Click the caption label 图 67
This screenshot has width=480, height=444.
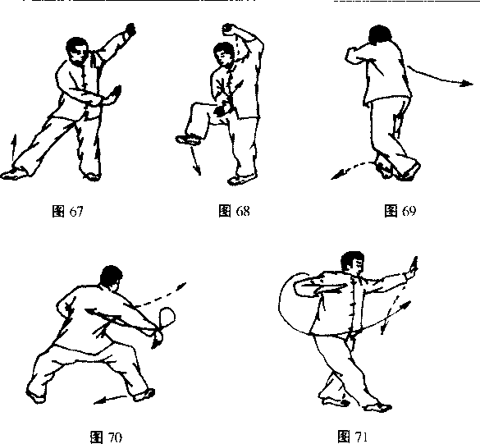pyautogui.click(x=67, y=211)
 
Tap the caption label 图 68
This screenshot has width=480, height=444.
pyautogui.click(x=234, y=211)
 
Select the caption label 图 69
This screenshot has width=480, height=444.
pyautogui.click(x=400, y=211)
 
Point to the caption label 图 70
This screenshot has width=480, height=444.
pyautogui.click(x=106, y=437)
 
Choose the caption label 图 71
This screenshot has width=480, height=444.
pyautogui.click(x=352, y=436)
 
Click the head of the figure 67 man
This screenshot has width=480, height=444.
pyautogui.click(x=76, y=51)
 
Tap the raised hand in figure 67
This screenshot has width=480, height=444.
pyautogui.click(x=130, y=30)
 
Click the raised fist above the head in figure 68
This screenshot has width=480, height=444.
pyautogui.click(x=229, y=29)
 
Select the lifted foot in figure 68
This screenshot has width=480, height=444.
pyautogui.click(x=189, y=140)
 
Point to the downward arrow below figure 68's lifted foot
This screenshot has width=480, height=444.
pyautogui.click(x=195, y=161)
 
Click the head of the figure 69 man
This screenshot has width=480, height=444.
pyautogui.click(x=380, y=35)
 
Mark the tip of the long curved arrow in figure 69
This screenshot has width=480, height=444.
pyautogui.click(x=473, y=83)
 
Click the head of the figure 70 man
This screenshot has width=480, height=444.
pyautogui.click(x=112, y=277)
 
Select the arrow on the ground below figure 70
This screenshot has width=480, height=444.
pyautogui.click(x=110, y=400)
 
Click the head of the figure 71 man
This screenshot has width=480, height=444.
pyautogui.click(x=353, y=263)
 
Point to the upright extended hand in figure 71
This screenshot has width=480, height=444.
pyautogui.click(x=413, y=267)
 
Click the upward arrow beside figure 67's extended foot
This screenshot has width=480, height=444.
pyautogui.click(x=13, y=149)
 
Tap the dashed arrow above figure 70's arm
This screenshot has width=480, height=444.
pyautogui.click(x=161, y=295)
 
